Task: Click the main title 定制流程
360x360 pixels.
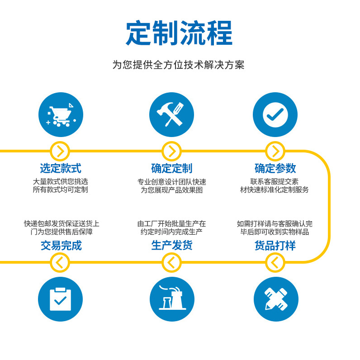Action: pyautogui.click(x=179, y=33)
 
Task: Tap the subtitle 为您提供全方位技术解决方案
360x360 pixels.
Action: pyautogui.click(x=179, y=65)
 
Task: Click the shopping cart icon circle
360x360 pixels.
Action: pyautogui.click(x=61, y=115)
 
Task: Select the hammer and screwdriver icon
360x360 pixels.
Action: pyautogui.click(x=171, y=115)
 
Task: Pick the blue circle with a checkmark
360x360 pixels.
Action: pyautogui.click(x=275, y=115)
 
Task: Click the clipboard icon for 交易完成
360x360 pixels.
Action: pyautogui.click(x=61, y=299)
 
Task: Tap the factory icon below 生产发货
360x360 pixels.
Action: pyautogui.click(x=172, y=299)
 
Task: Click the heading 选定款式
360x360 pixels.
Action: pyautogui.click(x=61, y=169)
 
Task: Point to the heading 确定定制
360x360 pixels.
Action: pyautogui.click(x=172, y=169)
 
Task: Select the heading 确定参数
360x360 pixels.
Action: pyautogui.click(x=275, y=169)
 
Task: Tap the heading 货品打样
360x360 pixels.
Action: pyautogui.click(x=275, y=246)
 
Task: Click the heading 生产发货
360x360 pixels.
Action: pyautogui.click(x=172, y=246)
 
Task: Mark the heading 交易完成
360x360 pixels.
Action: pyautogui.click(x=61, y=246)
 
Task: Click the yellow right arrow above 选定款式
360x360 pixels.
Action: pyautogui.click(x=60, y=151)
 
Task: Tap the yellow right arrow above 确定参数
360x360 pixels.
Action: pyautogui.click(x=275, y=151)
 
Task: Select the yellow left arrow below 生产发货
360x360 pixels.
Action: pyautogui.click(x=171, y=262)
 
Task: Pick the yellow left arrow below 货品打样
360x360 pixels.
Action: pyautogui.click(x=275, y=262)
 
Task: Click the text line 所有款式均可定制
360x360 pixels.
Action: pyautogui.click(x=61, y=190)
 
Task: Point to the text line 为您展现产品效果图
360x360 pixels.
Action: pyautogui.click(x=172, y=190)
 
